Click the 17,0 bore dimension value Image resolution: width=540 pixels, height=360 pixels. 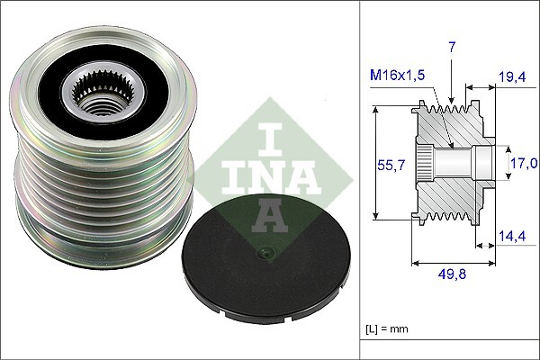(x=523, y=163)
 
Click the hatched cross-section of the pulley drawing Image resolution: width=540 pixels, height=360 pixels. (x=454, y=193)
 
